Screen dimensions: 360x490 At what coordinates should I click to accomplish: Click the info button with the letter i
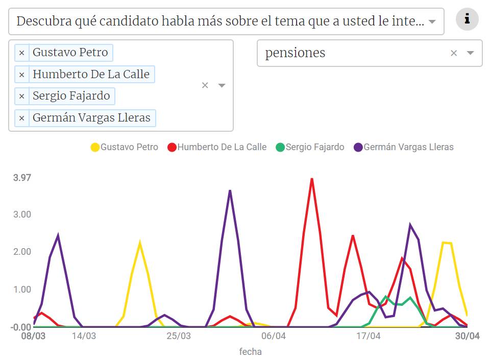(x=467, y=20)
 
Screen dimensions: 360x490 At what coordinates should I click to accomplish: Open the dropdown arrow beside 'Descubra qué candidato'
(x=432, y=21)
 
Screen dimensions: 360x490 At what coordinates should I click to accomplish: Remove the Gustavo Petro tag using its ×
(x=21, y=53)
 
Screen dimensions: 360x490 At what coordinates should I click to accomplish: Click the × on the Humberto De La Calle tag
(x=21, y=75)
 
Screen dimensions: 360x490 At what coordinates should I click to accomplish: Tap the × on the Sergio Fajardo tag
(x=21, y=96)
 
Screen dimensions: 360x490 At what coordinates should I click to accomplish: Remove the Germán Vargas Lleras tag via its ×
(x=21, y=118)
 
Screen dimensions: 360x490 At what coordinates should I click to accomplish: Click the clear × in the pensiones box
(x=453, y=53)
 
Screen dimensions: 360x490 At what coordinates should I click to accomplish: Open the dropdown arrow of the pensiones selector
(x=471, y=53)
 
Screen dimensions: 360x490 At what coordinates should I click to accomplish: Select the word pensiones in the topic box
(x=295, y=53)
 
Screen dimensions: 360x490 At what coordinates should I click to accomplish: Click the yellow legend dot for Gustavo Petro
(x=95, y=147)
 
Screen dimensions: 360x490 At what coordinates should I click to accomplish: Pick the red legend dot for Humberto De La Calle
(x=172, y=147)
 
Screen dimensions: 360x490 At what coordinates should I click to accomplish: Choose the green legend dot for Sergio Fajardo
(x=280, y=147)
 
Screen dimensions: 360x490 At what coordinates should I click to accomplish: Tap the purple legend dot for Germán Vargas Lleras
(x=358, y=147)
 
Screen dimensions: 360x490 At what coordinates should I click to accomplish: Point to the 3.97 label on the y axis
(x=22, y=178)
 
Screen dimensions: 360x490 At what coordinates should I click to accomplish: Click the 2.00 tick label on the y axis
(x=22, y=252)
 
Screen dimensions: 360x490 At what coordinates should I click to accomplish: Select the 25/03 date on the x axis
(x=179, y=336)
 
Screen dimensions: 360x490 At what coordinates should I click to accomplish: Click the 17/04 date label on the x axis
(x=368, y=336)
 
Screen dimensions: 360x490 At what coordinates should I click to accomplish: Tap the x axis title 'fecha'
(x=250, y=351)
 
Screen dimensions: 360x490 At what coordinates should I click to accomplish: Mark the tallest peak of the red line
(x=311, y=179)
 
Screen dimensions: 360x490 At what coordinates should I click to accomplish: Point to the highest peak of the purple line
(x=230, y=191)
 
